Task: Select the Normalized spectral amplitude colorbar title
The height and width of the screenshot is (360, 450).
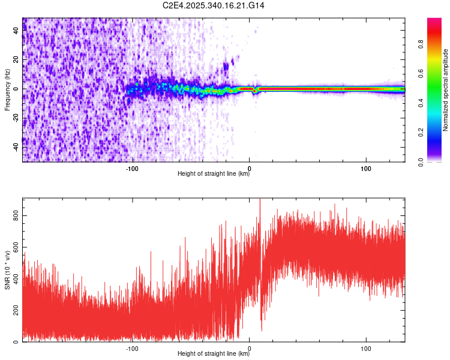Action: (x=445, y=90)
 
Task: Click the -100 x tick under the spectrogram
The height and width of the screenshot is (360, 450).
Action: (x=132, y=168)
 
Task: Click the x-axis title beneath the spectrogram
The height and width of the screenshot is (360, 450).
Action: (x=214, y=174)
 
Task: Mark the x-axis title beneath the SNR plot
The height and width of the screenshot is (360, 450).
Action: (x=214, y=354)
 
